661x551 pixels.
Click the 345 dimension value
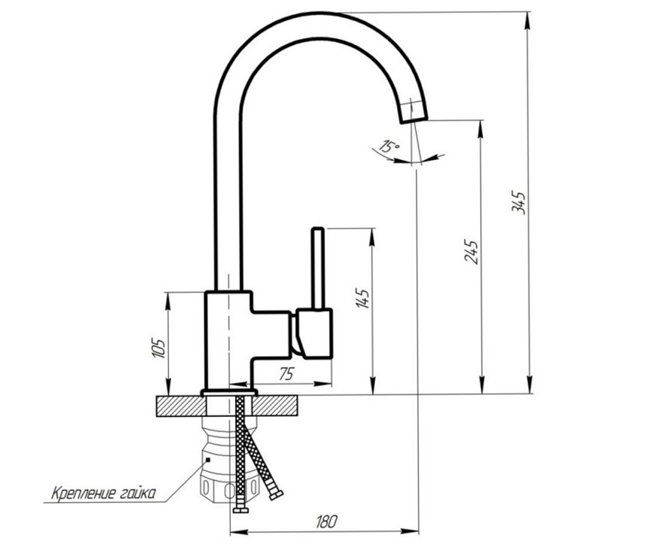point(519,203)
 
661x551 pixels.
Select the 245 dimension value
point(472,252)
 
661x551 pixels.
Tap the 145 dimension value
point(362,298)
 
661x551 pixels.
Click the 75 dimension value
point(287,374)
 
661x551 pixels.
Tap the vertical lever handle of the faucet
point(318,268)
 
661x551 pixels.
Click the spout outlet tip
point(414,121)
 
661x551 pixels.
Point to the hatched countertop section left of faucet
point(181,406)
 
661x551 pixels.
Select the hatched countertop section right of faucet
point(275,406)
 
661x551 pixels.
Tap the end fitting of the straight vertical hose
point(241,510)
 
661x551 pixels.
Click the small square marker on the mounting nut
point(208,460)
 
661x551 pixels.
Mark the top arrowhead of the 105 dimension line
point(169,301)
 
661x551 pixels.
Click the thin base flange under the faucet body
point(229,393)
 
